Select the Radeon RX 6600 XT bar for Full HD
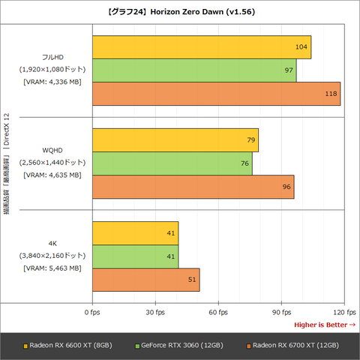tap(201, 47)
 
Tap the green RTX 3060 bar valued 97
tap(193, 70)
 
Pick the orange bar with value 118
tap(216, 94)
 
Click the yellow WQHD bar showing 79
tap(175, 140)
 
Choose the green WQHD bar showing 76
tap(172, 163)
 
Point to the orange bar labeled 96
tap(193, 187)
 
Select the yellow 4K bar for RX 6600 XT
tap(135, 233)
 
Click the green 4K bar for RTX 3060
tap(135, 256)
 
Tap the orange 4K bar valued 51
tap(145, 280)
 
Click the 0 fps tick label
tap(92, 311)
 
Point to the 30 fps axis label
tap(155, 311)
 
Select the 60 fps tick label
tap(218, 311)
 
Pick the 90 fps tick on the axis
tap(281, 311)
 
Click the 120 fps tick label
tap(341, 311)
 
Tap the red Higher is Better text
tap(324, 324)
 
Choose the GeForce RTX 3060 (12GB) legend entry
tap(179, 345)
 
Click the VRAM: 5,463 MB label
tap(52, 268)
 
